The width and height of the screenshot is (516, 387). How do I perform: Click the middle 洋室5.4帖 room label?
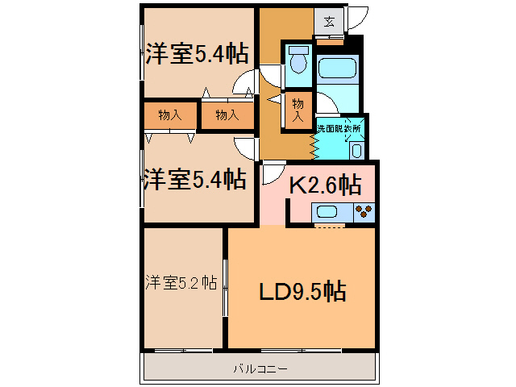[194, 178]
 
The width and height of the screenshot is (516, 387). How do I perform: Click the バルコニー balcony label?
[260, 368]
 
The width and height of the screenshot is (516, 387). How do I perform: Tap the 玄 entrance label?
[330, 22]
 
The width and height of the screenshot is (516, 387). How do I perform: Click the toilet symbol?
[298, 63]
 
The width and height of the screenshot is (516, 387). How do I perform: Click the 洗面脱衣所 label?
[339, 127]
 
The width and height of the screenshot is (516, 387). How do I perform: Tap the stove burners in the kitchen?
[364, 212]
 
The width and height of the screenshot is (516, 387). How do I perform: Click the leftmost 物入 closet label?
[169, 115]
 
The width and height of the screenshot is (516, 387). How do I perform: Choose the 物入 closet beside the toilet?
[298, 110]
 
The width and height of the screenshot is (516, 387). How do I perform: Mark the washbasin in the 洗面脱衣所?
[356, 148]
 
